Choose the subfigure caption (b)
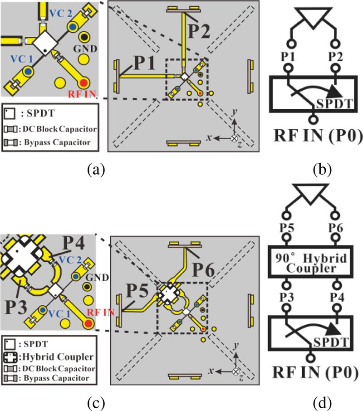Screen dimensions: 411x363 (x=323, y=170)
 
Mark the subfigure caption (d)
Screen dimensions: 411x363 (x=323, y=401)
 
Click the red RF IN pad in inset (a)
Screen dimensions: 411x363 (x=83, y=82)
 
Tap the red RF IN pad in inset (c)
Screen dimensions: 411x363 (x=88, y=323)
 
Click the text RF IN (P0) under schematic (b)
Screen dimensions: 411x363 (x=316, y=136)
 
